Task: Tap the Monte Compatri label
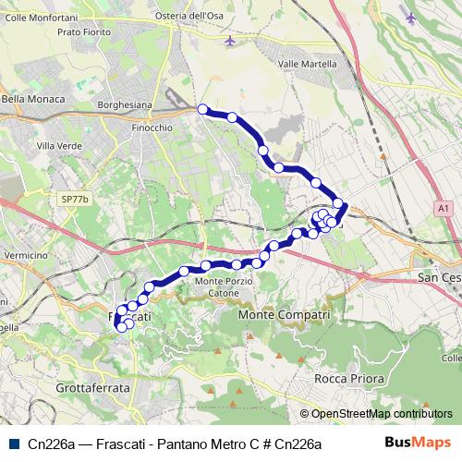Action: pos(285,316)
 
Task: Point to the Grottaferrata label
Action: pos(92,389)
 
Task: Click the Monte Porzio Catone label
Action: pos(223,286)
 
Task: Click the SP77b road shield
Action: pos(73,199)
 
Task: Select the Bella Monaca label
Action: pos(32,99)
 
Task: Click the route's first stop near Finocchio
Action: pos(203,109)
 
